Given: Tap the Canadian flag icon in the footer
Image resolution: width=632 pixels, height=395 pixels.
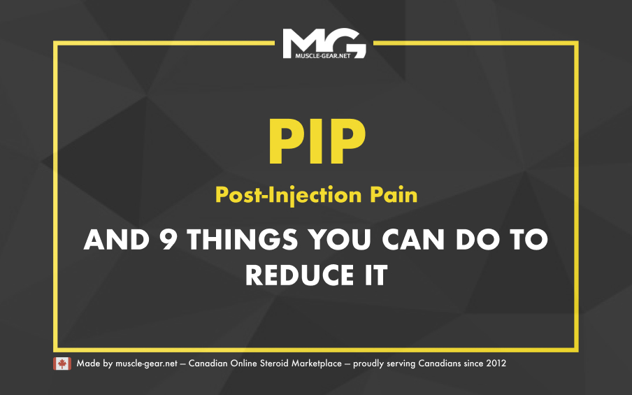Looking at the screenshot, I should tap(62, 364).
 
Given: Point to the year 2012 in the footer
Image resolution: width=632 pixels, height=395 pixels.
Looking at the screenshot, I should tap(496, 364).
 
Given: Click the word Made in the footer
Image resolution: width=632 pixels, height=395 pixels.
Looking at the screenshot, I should tap(87, 364).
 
